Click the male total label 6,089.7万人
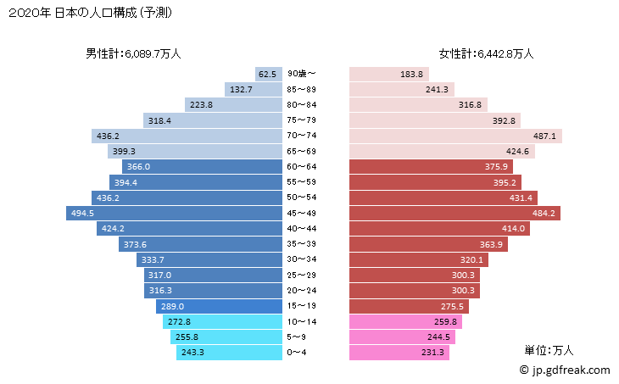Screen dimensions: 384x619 [133, 53]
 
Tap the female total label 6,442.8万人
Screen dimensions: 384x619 [486, 53]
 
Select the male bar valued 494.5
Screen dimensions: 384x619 [174, 213]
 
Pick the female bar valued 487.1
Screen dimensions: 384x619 [455, 136]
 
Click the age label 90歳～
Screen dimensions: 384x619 [303, 75]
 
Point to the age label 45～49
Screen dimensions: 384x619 [303, 213]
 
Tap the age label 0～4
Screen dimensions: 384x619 [303, 352]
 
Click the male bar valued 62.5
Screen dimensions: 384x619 [268, 75]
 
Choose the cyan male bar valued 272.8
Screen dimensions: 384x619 [222, 321]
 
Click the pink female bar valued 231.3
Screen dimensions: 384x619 [399, 352]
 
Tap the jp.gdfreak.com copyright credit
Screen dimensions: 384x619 [564, 370]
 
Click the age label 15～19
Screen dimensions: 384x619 [303, 306]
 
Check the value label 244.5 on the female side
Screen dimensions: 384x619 [438, 337]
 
